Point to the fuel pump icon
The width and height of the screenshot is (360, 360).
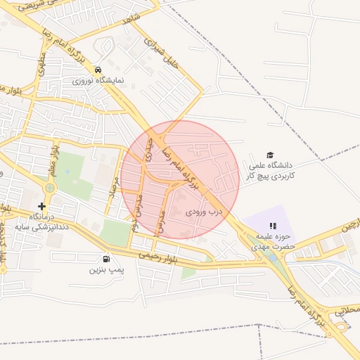[x=106, y=259]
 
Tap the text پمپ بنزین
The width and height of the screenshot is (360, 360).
[x=106, y=270]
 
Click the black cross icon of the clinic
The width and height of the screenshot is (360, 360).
[x=42, y=207]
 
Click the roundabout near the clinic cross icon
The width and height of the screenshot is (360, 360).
[x=49, y=188]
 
